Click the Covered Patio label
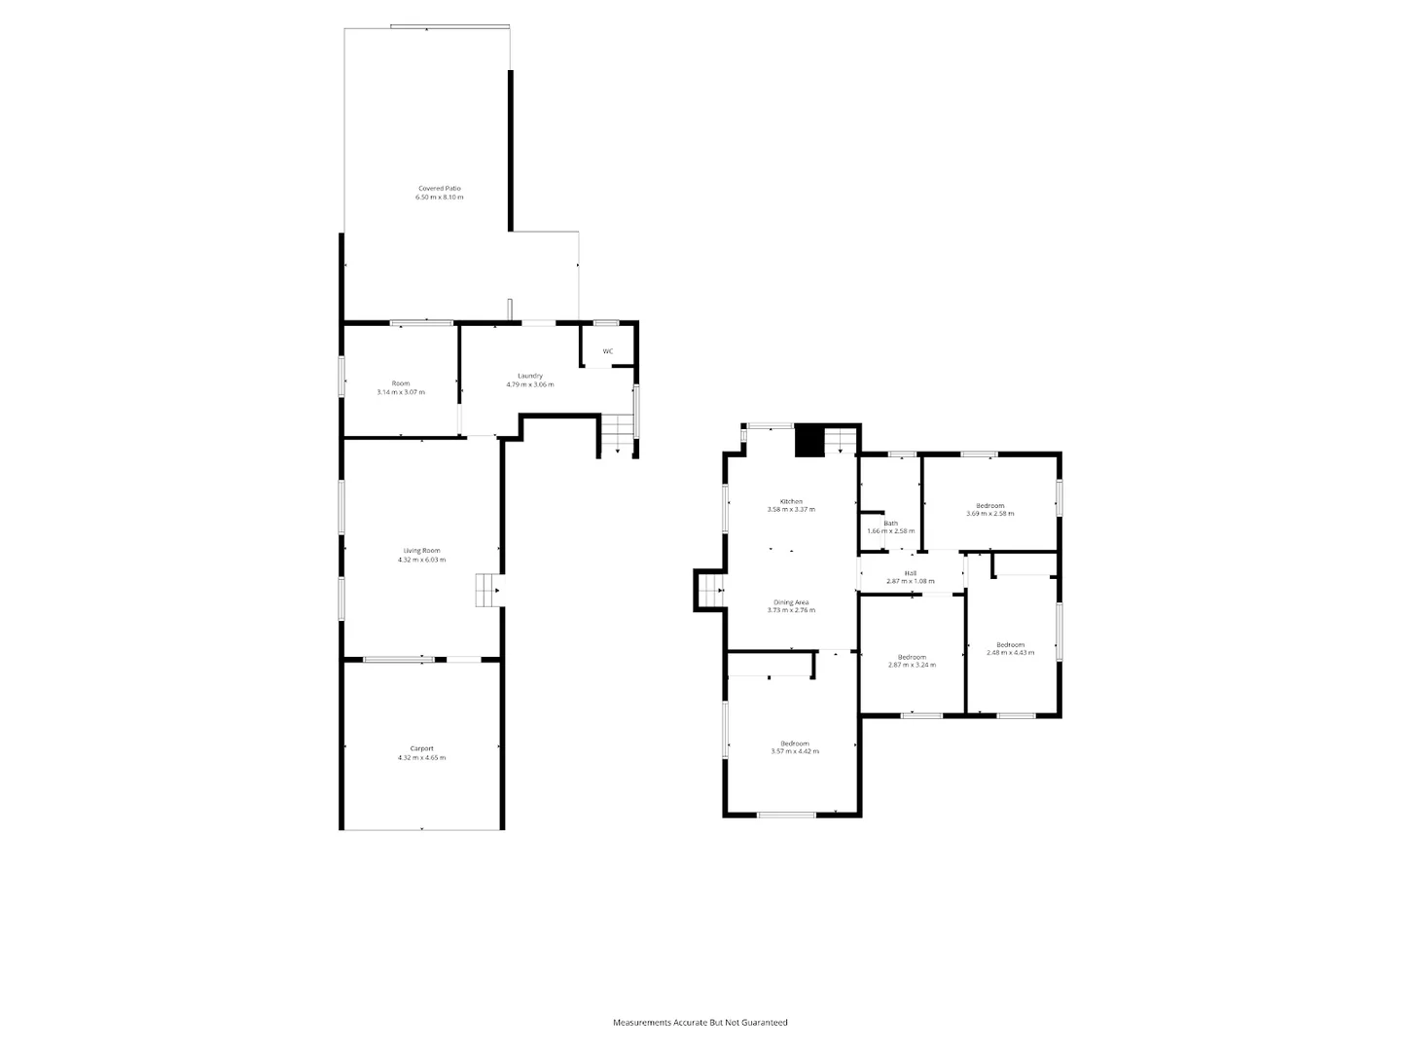coord(439,188)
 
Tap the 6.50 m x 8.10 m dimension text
coord(439,198)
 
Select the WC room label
coord(608,351)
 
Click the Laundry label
coord(529,376)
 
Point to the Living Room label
coord(421,551)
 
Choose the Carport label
coord(421,748)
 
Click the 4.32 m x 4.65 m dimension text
coord(421,758)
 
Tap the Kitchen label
coord(791,501)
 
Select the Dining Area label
coord(791,602)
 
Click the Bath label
coord(890,523)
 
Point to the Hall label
coord(910,573)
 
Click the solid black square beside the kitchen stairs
coord(809,441)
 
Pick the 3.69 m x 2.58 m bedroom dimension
coord(990,514)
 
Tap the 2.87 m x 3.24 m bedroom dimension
coord(912,665)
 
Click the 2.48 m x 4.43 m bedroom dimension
coord(1010,653)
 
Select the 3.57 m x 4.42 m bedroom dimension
coord(795,751)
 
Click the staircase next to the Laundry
coord(616,433)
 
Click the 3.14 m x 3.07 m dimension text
coord(401,392)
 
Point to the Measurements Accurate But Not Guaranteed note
coord(700,1023)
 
